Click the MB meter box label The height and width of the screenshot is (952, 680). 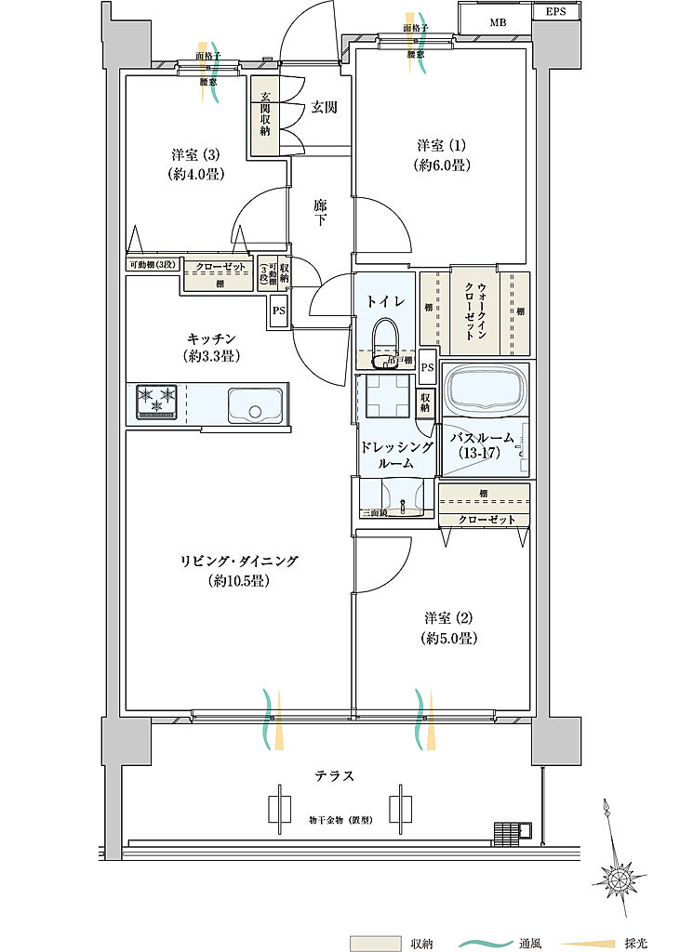(x=498, y=22)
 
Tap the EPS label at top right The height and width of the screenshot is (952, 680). (x=555, y=12)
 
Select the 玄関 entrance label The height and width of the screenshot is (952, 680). (x=324, y=108)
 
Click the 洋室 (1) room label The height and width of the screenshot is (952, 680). (x=441, y=155)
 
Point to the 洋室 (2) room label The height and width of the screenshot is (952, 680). (x=449, y=628)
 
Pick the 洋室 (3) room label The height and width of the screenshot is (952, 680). (x=195, y=163)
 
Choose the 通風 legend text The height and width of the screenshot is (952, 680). (x=531, y=943)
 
